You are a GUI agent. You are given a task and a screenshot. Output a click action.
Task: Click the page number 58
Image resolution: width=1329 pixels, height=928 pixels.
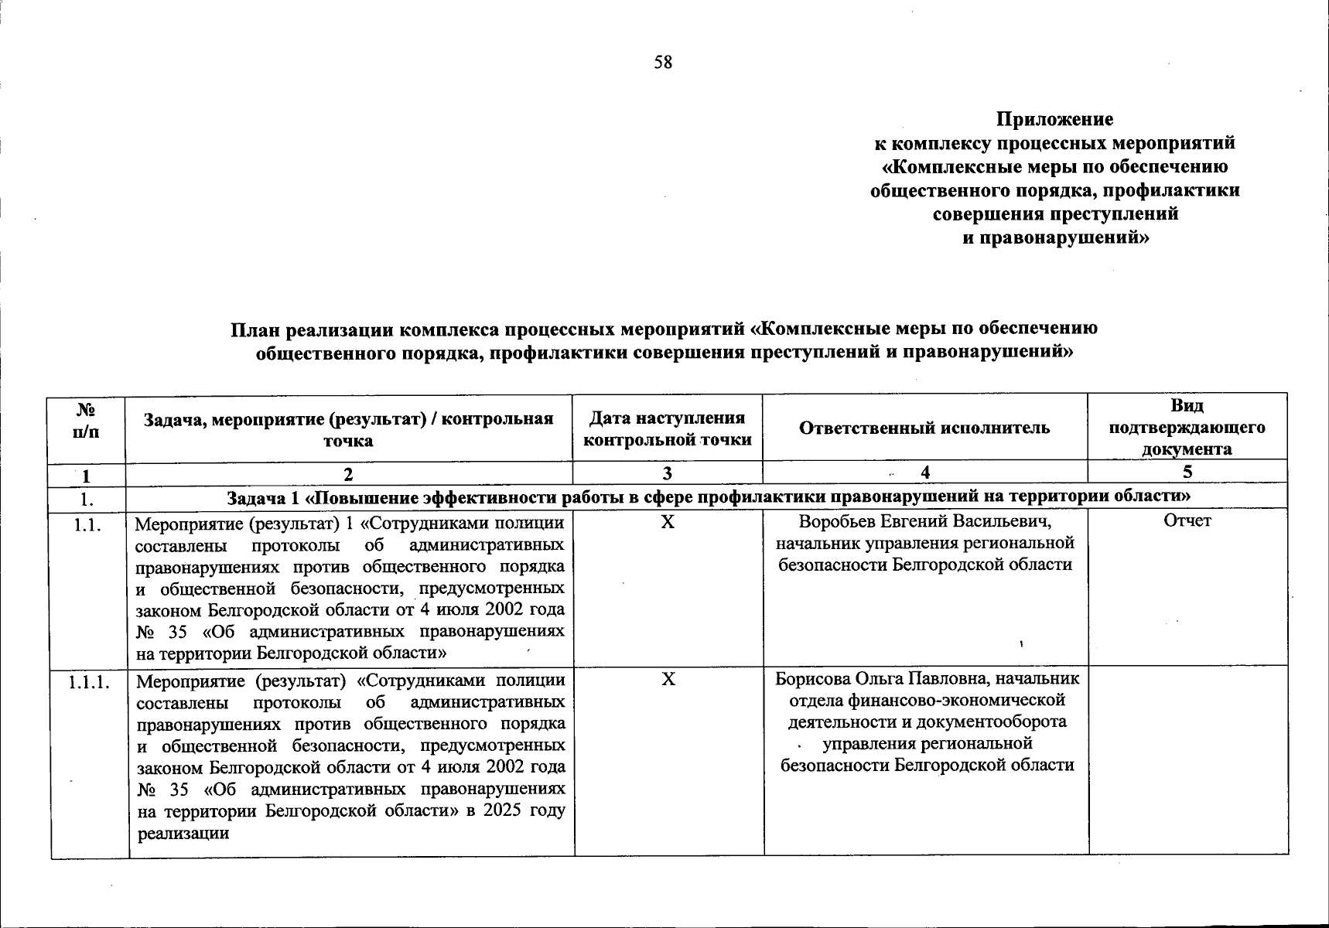663,63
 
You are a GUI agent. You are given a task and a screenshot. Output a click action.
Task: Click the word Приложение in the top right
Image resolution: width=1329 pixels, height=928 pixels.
1054,120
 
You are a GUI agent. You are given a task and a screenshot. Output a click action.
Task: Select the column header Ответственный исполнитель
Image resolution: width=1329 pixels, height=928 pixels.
924,428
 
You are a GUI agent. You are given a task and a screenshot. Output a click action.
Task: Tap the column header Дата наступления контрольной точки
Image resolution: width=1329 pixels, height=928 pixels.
667,428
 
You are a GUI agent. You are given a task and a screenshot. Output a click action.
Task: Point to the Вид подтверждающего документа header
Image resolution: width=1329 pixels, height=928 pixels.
1187,427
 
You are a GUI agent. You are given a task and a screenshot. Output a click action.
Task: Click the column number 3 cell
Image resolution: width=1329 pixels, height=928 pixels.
667,473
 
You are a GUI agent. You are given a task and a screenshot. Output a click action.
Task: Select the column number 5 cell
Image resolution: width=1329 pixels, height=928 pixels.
1187,472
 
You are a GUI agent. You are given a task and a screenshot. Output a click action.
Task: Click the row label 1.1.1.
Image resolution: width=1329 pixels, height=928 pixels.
89,682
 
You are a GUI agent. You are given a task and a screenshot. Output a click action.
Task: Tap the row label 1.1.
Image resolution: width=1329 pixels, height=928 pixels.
87,524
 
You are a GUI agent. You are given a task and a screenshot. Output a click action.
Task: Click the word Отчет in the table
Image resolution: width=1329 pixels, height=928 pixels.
1187,521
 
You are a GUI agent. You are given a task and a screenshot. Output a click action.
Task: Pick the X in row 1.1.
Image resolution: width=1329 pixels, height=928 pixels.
668,522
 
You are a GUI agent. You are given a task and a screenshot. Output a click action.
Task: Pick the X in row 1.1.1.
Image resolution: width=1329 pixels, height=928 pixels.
668,679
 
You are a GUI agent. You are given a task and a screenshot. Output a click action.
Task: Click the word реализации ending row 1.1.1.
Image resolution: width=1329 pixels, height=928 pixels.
183,834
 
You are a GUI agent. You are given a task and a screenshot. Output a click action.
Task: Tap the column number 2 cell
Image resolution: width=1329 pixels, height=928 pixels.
349,473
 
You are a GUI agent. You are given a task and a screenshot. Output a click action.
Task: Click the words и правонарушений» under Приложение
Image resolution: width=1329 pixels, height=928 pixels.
1055,238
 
